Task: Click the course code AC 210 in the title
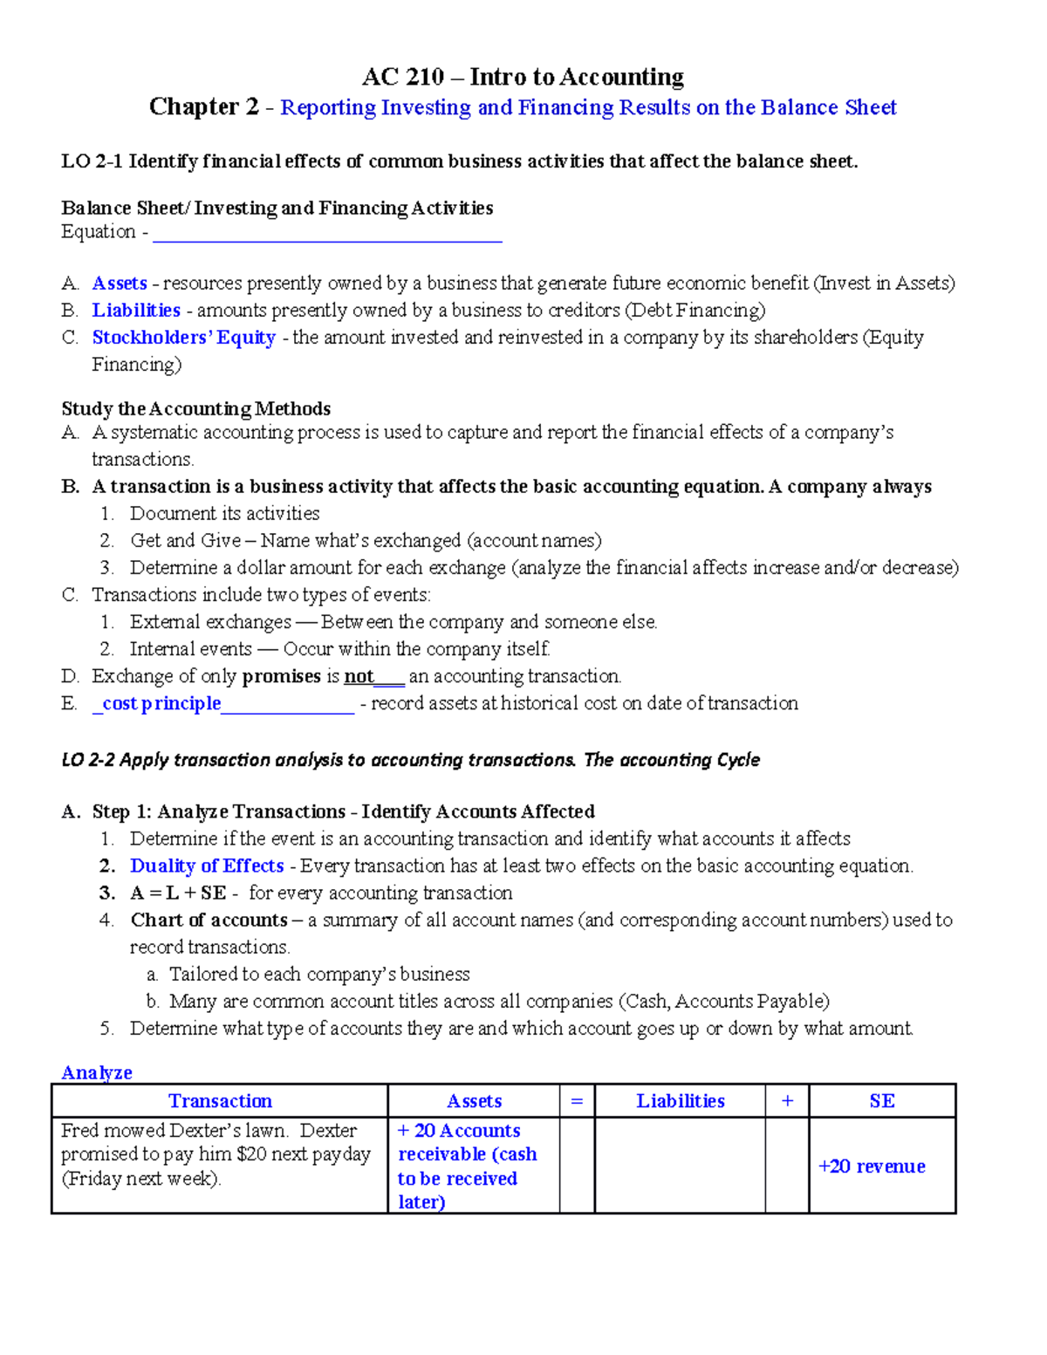[x=403, y=78]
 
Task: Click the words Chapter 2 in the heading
[x=204, y=107]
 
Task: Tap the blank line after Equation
[x=327, y=233]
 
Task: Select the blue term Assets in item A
[x=120, y=284]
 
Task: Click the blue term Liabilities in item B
[x=136, y=311]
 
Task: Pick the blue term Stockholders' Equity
[x=184, y=338]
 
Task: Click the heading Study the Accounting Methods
[x=195, y=409]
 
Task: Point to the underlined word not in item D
[x=359, y=676]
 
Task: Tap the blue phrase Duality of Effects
[x=207, y=866]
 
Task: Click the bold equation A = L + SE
[x=178, y=893]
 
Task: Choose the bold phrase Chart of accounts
[x=209, y=920]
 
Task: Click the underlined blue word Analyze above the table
[x=97, y=1072]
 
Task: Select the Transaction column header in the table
[x=220, y=1101]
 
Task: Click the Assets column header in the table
[x=474, y=1101]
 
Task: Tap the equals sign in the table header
[x=577, y=1101]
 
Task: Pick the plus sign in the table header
[x=787, y=1101]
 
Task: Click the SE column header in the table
[x=882, y=1101]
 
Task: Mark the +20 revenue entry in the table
[x=872, y=1167]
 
